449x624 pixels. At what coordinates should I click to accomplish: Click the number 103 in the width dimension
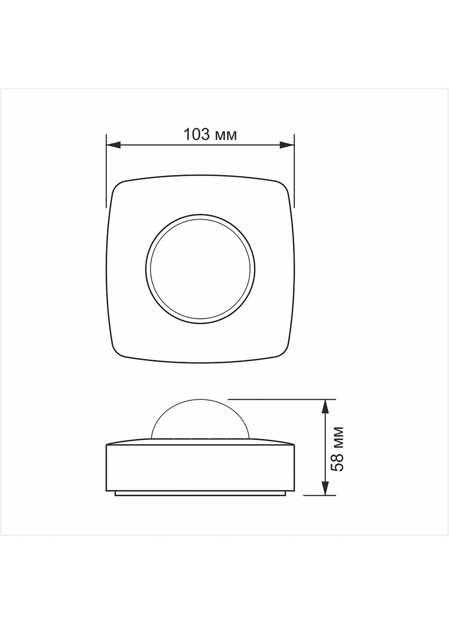point(196,135)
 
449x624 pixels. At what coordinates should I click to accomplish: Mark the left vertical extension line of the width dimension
point(106,171)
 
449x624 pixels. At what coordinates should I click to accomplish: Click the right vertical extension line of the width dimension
point(294,171)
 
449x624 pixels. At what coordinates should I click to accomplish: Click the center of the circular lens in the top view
point(200,269)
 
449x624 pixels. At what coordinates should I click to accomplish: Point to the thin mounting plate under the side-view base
point(200,493)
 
